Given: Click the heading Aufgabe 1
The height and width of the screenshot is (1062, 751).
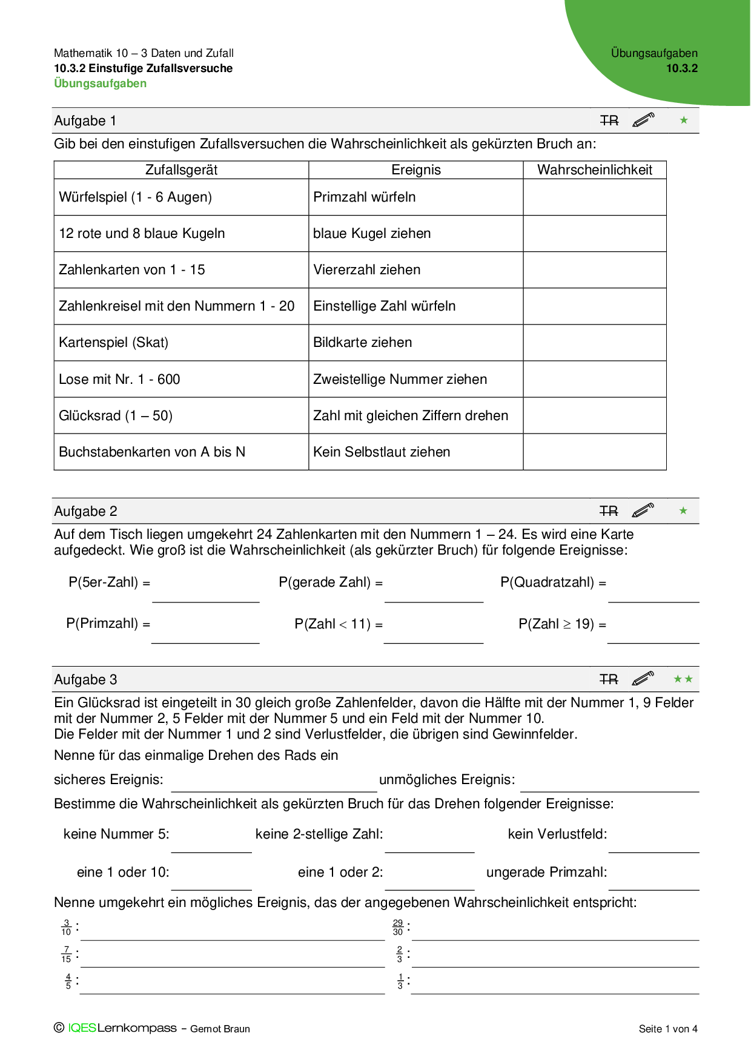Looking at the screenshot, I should point(85,121).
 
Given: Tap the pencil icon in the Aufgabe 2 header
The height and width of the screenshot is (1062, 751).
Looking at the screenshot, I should point(643,510).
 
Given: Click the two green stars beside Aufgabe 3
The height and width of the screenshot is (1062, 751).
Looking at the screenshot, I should point(683,679).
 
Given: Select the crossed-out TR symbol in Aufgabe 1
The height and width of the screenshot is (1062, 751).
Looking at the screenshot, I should point(609,121).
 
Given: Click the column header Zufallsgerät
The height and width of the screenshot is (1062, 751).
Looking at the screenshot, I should point(181,170).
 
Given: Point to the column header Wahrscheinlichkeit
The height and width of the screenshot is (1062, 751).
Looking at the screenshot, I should point(594,170).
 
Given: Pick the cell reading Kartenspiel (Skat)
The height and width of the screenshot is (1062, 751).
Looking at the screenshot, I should point(114,343).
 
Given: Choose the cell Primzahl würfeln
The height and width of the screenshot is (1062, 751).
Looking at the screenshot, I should point(365,197).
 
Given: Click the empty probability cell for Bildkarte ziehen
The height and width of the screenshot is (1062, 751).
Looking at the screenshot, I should point(594,343).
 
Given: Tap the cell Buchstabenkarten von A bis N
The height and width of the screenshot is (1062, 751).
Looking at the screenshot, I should point(152,452).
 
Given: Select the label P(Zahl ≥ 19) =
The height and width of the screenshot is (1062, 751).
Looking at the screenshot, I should point(562,624).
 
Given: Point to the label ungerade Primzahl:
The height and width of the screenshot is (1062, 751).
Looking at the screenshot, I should point(546,872).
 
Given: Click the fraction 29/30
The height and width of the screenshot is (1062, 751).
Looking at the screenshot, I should point(398,928).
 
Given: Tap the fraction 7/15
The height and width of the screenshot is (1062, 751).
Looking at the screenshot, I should point(66,955).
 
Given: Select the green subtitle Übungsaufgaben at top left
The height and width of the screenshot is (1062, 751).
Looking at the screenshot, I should point(100,84).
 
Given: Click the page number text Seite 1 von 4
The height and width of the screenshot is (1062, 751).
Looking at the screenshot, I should point(668,1029).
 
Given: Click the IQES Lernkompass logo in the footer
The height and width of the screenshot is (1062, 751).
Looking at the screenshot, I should point(116,1028).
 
